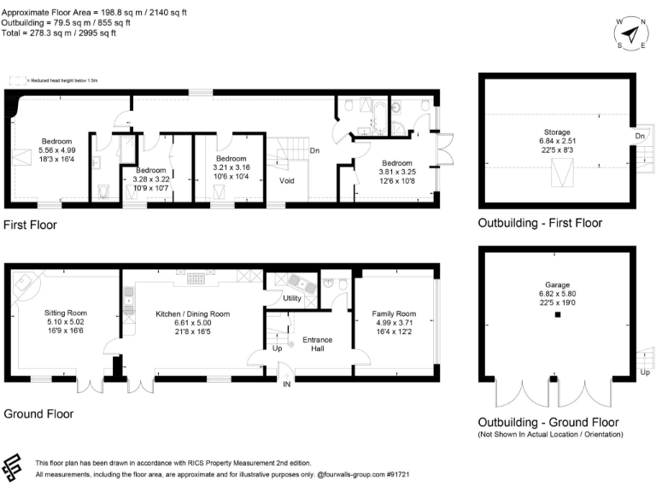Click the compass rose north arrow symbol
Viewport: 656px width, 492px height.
[630, 33]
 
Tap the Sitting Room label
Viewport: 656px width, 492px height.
[66, 313]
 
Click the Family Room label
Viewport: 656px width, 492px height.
[395, 313]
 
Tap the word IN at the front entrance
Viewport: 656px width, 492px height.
[287, 384]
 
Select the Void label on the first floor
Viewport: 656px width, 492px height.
[288, 181]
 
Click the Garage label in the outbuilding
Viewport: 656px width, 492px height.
[557, 285]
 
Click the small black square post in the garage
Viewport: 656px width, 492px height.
[557, 315]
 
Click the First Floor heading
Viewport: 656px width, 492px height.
[30, 225]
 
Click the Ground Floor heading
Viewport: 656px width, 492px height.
[38, 413]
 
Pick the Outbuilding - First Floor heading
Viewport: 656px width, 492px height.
[540, 223]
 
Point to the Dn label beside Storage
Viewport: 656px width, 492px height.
[639, 136]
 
